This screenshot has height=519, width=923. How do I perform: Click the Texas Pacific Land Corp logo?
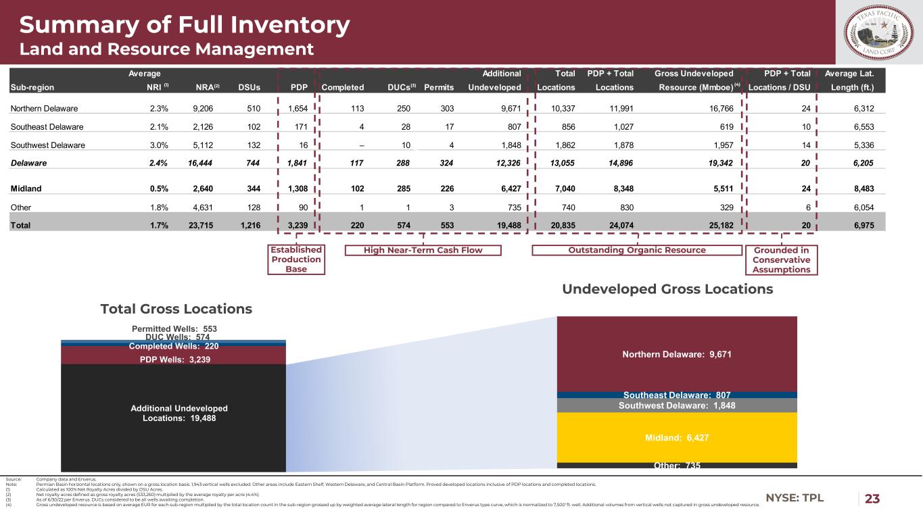tap(879, 32)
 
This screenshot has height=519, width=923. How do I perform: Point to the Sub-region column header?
tap(32, 87)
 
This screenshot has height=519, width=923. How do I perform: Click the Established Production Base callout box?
tap(296, 259)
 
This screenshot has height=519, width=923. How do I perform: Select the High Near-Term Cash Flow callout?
tap(423, 250)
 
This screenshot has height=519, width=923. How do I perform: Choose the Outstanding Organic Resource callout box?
tap(638, 250)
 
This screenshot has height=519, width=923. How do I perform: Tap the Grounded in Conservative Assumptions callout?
tap(781, 259)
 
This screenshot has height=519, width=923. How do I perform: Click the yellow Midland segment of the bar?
tap(676, 437)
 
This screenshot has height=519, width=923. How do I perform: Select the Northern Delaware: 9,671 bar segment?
tap(676, 353)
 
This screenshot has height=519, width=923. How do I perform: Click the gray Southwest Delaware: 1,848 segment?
tap(676, 405)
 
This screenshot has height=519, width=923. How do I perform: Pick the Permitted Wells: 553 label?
tap(174, 328)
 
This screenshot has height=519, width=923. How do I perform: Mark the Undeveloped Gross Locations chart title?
tap(667, 289)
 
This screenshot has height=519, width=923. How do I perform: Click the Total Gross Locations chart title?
tap(176, 309)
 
